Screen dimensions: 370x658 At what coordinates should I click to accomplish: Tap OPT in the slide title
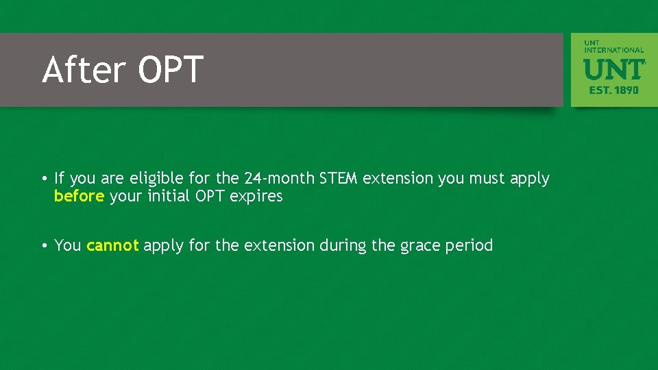171,70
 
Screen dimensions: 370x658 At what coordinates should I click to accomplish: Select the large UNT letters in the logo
614,69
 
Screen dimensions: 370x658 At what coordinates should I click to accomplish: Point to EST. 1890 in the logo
614,90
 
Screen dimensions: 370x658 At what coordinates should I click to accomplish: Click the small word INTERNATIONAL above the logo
614,50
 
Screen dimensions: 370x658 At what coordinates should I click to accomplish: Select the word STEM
338,179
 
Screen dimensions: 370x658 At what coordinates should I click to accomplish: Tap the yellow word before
80,197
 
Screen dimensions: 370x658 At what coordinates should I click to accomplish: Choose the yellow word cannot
112,245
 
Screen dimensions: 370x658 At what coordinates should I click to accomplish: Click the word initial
169,197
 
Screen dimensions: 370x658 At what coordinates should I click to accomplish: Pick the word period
470,245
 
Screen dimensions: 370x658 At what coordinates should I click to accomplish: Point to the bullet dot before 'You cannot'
44,246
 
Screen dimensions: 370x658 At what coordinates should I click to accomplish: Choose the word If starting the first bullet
59,179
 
